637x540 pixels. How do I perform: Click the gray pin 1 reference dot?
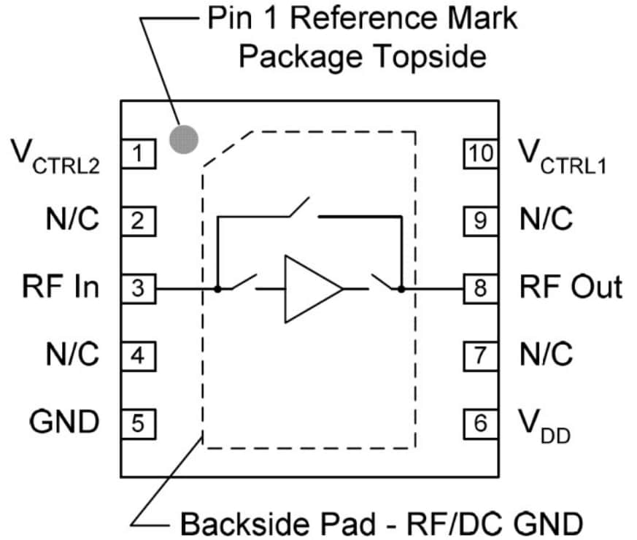coord(183,139)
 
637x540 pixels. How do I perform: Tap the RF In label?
coord(61,287)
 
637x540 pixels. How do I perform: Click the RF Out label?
coord(571,287)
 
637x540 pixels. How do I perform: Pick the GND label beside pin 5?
coord(64,421)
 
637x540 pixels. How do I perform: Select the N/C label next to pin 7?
coord(546,355)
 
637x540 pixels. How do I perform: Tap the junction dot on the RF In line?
coord(217,289)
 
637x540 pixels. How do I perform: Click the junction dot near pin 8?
coord(401,289)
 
